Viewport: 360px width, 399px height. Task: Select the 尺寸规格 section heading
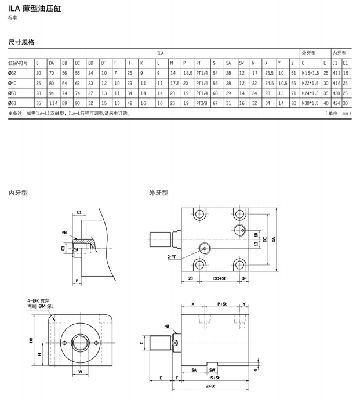point(21,42)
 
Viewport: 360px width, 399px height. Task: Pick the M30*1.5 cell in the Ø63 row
point(311,103)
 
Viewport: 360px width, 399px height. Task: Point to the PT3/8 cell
point(202,103)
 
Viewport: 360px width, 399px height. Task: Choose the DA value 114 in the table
point(53,103)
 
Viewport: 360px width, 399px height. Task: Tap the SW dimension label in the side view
point(212,369)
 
